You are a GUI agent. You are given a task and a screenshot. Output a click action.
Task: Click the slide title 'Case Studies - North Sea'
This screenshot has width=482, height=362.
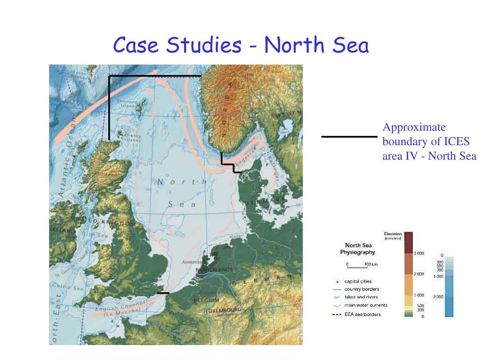click(241, 46)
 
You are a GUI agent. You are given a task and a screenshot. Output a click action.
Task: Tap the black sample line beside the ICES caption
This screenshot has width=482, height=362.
click(349, 137)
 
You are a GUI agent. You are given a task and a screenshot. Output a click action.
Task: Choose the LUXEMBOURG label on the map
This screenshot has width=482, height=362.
click(224, 310)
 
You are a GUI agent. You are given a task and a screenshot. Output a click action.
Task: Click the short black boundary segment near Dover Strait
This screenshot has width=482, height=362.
click(163, 293)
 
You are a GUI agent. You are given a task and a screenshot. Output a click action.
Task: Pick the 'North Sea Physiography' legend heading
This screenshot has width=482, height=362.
click(359, 248)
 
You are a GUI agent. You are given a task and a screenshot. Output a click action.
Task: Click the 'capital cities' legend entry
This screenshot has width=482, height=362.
click(358, 281)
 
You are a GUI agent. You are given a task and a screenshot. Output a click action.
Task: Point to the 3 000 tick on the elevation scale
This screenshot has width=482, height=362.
click(419, 254)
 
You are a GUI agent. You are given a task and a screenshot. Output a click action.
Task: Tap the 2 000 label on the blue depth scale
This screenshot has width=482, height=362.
click(438, 297)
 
